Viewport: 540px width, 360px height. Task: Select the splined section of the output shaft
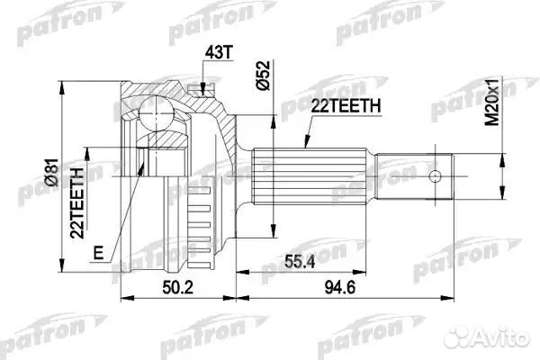pyautogui.click(x=307, y=176)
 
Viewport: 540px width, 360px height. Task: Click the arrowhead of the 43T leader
pyautogui.click(x=206, y=87)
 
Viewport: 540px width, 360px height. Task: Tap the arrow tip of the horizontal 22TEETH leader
pyautogui.click(x=301, y=153)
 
